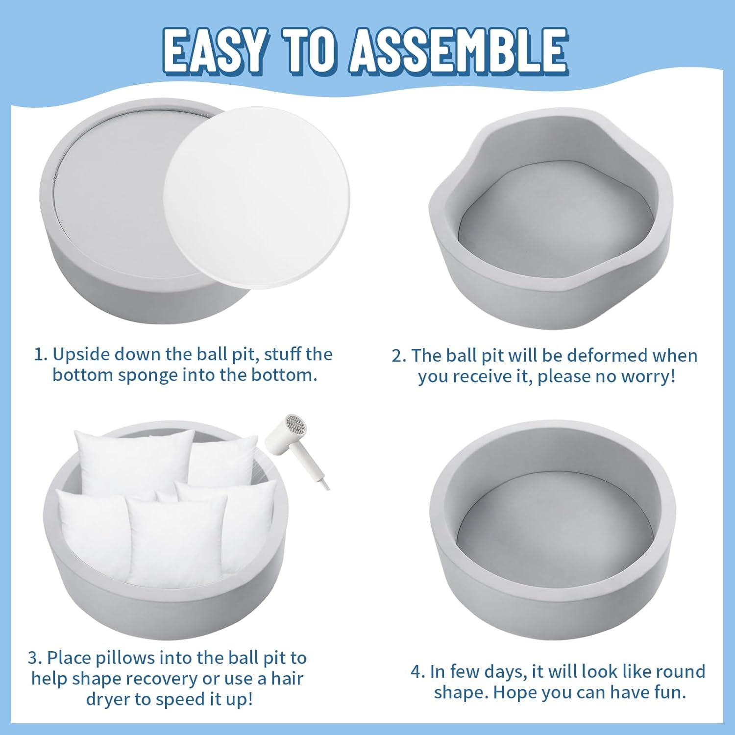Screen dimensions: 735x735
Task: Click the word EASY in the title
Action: click(x=216, y=50)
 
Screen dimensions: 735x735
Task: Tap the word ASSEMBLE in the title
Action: click(x=459, y=50)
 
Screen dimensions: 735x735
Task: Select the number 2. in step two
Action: click(x=399, y=356)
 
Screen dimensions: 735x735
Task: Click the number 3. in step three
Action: click(x=35, y=658)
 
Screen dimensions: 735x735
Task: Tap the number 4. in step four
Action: click(x=417, y=671)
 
